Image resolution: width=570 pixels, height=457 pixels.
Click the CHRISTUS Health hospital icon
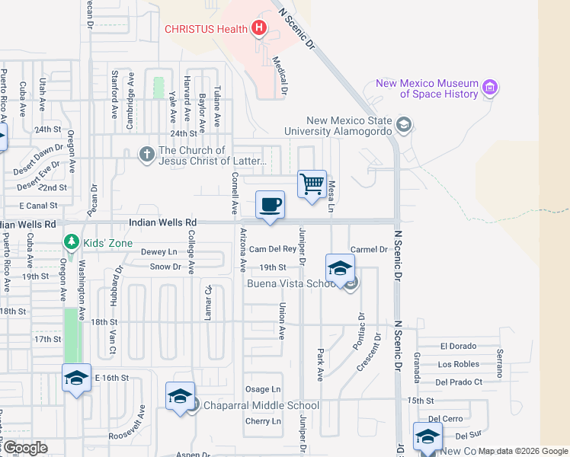(259, 29)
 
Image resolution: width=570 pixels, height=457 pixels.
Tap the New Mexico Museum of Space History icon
(490, 88)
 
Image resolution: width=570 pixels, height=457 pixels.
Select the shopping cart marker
(312, 184)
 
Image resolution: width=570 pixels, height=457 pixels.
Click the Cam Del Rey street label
(272, 249)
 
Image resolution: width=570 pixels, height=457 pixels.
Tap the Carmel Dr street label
(370, 249)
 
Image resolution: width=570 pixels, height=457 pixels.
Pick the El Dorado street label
(458, 346)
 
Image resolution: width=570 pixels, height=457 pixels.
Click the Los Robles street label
(459, 364)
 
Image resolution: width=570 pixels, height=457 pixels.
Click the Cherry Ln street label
(263, 421)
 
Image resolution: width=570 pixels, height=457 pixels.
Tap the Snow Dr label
(165, 267)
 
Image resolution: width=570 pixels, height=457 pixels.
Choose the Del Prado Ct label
(459, 382)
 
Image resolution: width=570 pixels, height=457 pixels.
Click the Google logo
(24, 448)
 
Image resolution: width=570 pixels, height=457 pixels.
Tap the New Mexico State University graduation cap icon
(403, 124)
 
